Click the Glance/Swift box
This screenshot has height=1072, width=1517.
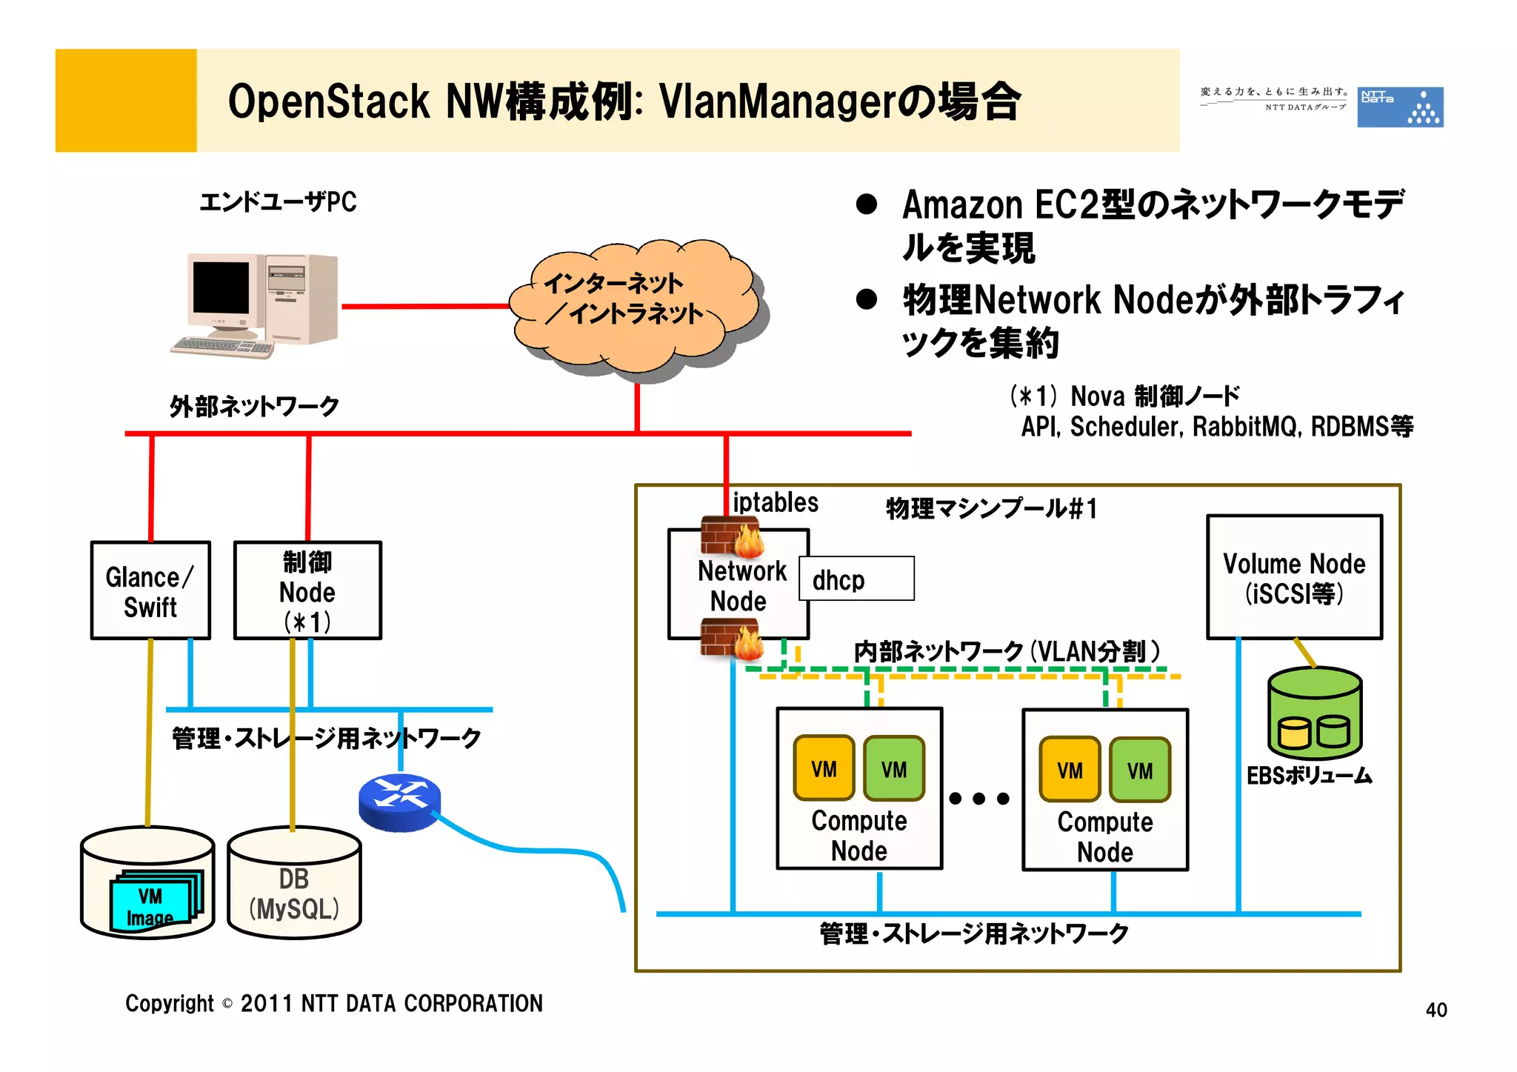point(150,590)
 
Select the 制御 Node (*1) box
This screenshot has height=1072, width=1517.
point(307,590)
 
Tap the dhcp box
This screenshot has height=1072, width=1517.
point(856,579)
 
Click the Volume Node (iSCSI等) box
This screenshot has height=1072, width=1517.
point(1294,577)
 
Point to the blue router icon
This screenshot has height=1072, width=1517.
point(399,802)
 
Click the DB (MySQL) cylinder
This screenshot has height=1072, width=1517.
point(294,883)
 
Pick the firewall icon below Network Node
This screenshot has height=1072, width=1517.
point(731,639)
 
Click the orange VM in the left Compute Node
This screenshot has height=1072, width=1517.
point(824,768)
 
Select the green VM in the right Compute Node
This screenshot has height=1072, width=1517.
point(1140,770)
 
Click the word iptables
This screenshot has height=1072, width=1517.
point(775,502)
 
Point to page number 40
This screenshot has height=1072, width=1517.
point(1436,1010)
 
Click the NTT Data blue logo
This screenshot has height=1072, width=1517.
point(1399,107)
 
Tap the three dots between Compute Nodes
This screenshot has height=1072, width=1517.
point(979,798)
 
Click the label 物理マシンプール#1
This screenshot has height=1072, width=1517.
point(991,509)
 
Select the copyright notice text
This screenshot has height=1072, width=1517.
point(334,1003)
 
